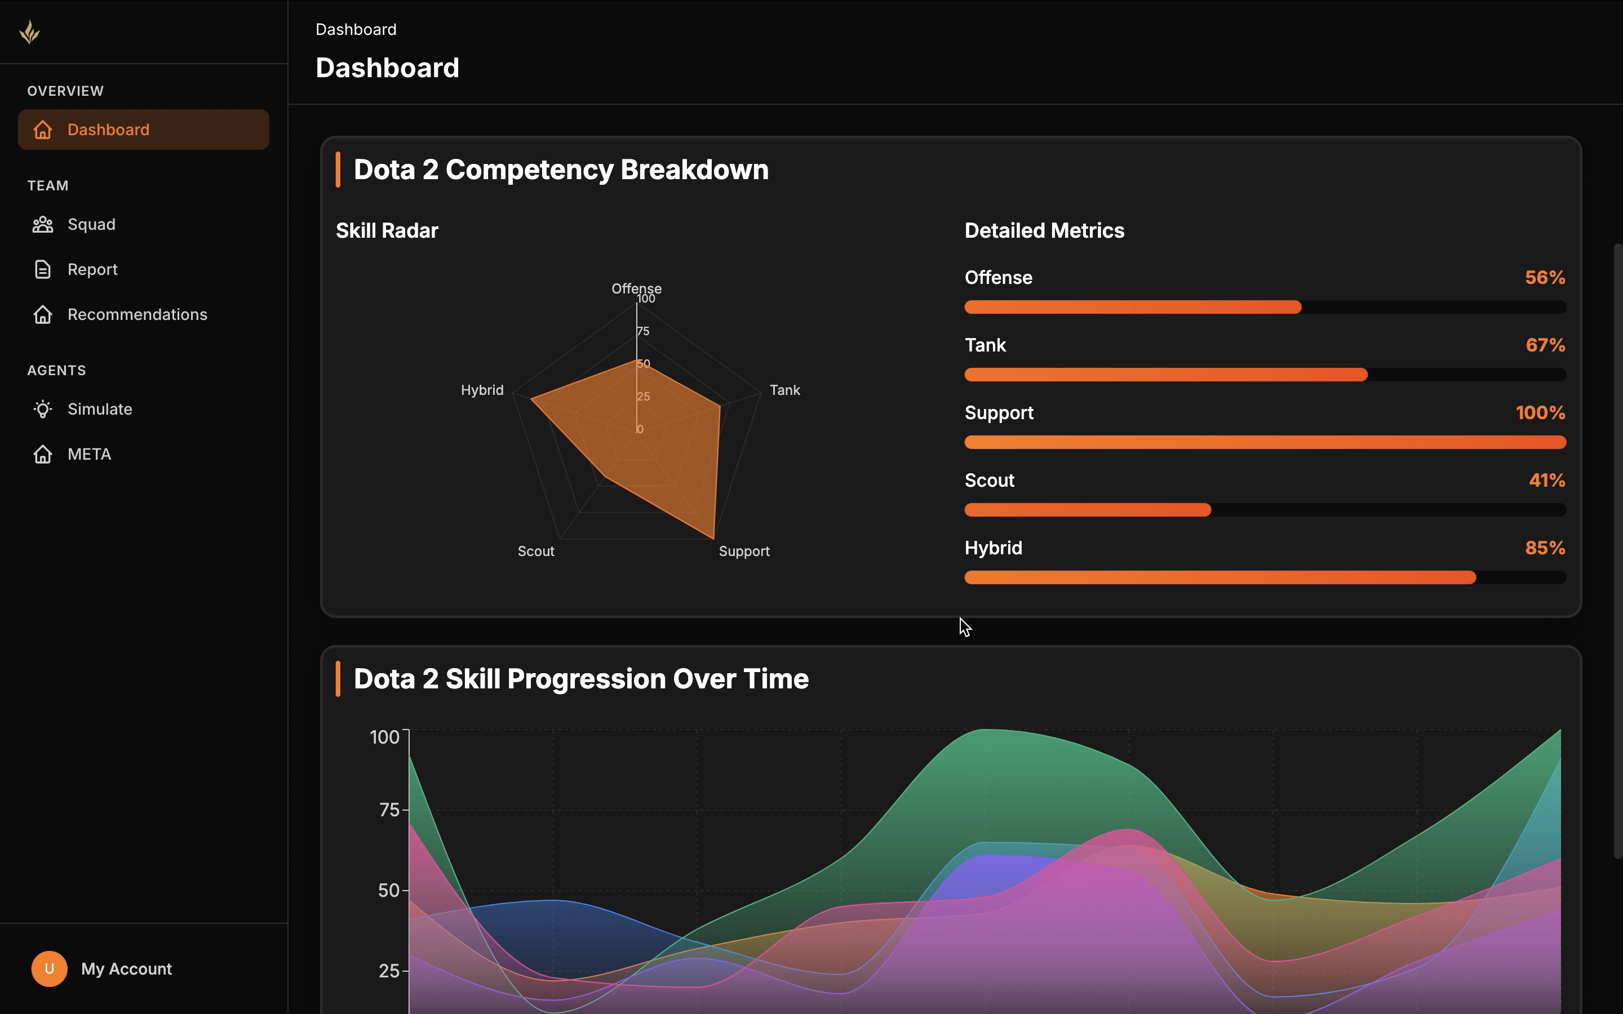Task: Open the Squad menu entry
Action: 91,224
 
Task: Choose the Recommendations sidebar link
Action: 137,314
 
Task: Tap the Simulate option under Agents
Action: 99,409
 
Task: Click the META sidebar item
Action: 89,454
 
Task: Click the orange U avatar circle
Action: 49,968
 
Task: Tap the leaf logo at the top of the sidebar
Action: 29,32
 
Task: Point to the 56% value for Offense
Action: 1544,278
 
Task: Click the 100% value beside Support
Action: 1540,413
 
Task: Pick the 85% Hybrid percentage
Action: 1544,548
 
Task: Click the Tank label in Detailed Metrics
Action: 985,345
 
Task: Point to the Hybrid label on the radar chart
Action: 481,390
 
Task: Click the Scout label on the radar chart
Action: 535,552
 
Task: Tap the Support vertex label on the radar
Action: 744,552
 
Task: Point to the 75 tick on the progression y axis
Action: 389,810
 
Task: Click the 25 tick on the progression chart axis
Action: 389,971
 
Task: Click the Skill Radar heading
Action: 387,231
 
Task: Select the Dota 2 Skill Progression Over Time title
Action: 581,679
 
